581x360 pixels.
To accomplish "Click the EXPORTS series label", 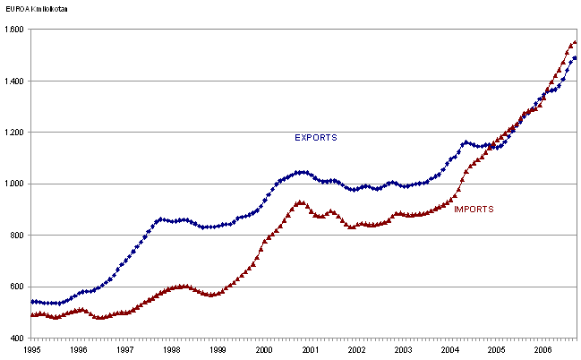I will coord(315,138).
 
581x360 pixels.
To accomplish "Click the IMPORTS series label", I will coord(474,209).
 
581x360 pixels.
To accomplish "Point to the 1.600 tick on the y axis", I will coord(14,30).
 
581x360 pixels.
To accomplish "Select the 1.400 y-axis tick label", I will coord(14,81).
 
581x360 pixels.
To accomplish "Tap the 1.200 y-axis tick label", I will coord(14,133).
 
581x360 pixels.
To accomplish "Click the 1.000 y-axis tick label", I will coord(14,184).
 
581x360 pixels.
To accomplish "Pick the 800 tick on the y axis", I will coord(18,236).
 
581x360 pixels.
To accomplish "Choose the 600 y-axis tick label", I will coord(18,287).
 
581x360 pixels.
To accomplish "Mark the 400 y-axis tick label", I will coord(18,339).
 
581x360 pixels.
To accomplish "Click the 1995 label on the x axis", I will coord(31,351).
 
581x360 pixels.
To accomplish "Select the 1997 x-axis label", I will coord(124,351).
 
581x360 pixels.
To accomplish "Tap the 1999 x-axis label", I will coord(218,351).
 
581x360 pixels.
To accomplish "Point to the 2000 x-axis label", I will coord(264,351).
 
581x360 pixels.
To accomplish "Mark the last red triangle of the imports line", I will coord(575,42).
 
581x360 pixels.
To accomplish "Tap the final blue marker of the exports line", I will coord(575,58).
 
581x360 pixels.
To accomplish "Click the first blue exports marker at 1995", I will coord(32,302).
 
